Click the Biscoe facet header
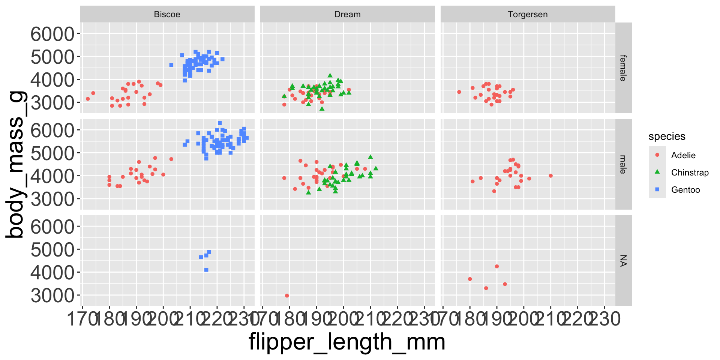[167, 14]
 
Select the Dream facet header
[347, 14]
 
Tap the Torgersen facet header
[528, 14]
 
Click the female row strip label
[623, 68]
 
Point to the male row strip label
[623, 164]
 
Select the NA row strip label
[623, 261]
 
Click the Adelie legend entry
[683, 155]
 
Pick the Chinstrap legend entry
[690, 172]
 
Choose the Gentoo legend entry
[685, 190]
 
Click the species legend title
[667, 136]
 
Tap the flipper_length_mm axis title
[347, 342]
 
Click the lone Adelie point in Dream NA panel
[287, 295]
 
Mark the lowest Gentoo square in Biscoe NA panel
[206, 270]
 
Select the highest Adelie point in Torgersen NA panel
[497, 266]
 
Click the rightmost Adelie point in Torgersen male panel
[550, 175]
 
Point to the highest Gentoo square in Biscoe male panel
[220, 123]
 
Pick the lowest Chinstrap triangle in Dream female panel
[322, 109]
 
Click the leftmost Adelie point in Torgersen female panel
[459, 92]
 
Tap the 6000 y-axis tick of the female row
[52, 34]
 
